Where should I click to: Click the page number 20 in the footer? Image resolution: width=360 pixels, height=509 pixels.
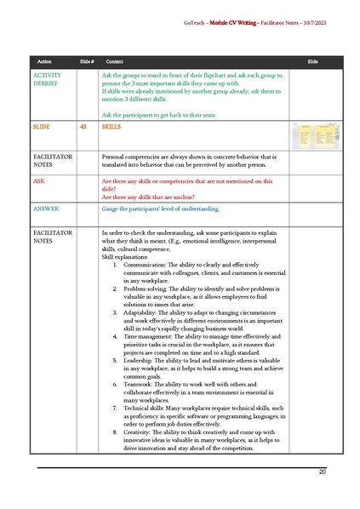(323, 472)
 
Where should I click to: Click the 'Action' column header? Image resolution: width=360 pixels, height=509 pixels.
(45, 62)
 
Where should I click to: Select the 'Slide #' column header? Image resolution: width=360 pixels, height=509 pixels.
(86, 62)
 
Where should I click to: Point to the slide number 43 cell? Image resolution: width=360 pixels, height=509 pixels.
(83, 126)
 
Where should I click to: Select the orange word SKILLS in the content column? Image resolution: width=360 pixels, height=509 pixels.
(111, 126)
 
